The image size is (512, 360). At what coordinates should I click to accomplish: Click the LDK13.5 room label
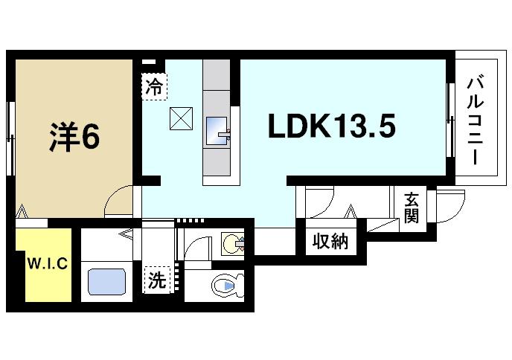[330, 127]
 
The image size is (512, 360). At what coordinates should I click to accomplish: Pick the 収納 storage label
[330, 242]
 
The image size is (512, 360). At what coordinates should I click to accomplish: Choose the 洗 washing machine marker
[156, 281]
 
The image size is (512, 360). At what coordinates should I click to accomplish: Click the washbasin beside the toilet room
[234, 242]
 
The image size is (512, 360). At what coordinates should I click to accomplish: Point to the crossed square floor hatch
[182, 118]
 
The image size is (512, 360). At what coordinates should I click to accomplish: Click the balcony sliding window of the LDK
[450, 119]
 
